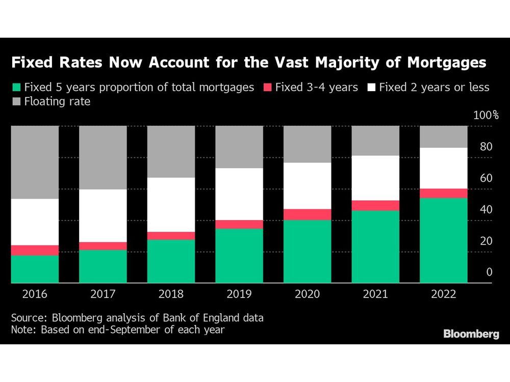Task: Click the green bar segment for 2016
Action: click(35, 269)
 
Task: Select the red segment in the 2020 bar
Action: click(308, 214)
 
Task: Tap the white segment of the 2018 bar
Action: click(171, 205)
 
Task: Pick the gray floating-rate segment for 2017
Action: click(103, 157)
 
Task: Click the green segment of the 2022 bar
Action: click(443, 240)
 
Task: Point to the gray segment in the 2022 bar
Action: click(443, 137)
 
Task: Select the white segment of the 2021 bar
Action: click(375, 178)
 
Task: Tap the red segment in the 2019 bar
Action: click(239, 225)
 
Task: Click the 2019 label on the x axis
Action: click(239, 294)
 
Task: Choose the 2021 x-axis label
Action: click(375, 294)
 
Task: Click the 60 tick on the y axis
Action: click(486, 178)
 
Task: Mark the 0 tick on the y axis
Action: click(489, 272)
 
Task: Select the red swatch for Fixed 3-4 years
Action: click(267, 88)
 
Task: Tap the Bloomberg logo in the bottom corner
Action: click(471, 334)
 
